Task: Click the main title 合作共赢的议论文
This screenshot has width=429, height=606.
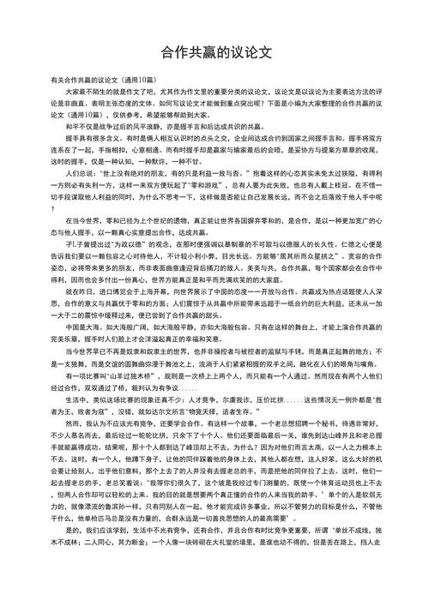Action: click(x=214, y=52)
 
